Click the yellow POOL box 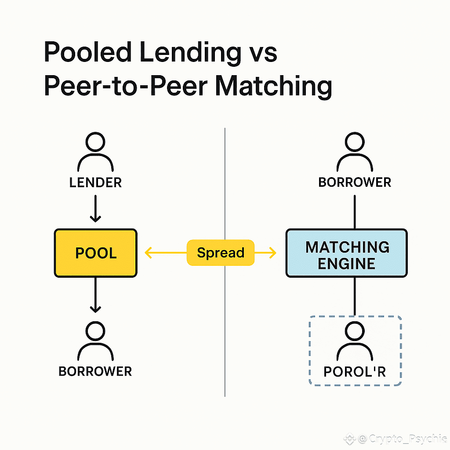tap(95, 253)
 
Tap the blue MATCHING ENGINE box tap(346, 253)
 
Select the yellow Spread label tap(221, 253)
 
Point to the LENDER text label tap(95, 182)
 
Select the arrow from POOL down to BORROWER tap(95, 295)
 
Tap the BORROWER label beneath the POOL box tap(95, 371)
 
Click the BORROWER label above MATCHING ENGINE tap(355, 182)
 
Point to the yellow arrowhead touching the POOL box tap(148, 253)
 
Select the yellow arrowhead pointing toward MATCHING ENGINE tap(272, 253)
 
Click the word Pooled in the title tap(87, 53)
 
